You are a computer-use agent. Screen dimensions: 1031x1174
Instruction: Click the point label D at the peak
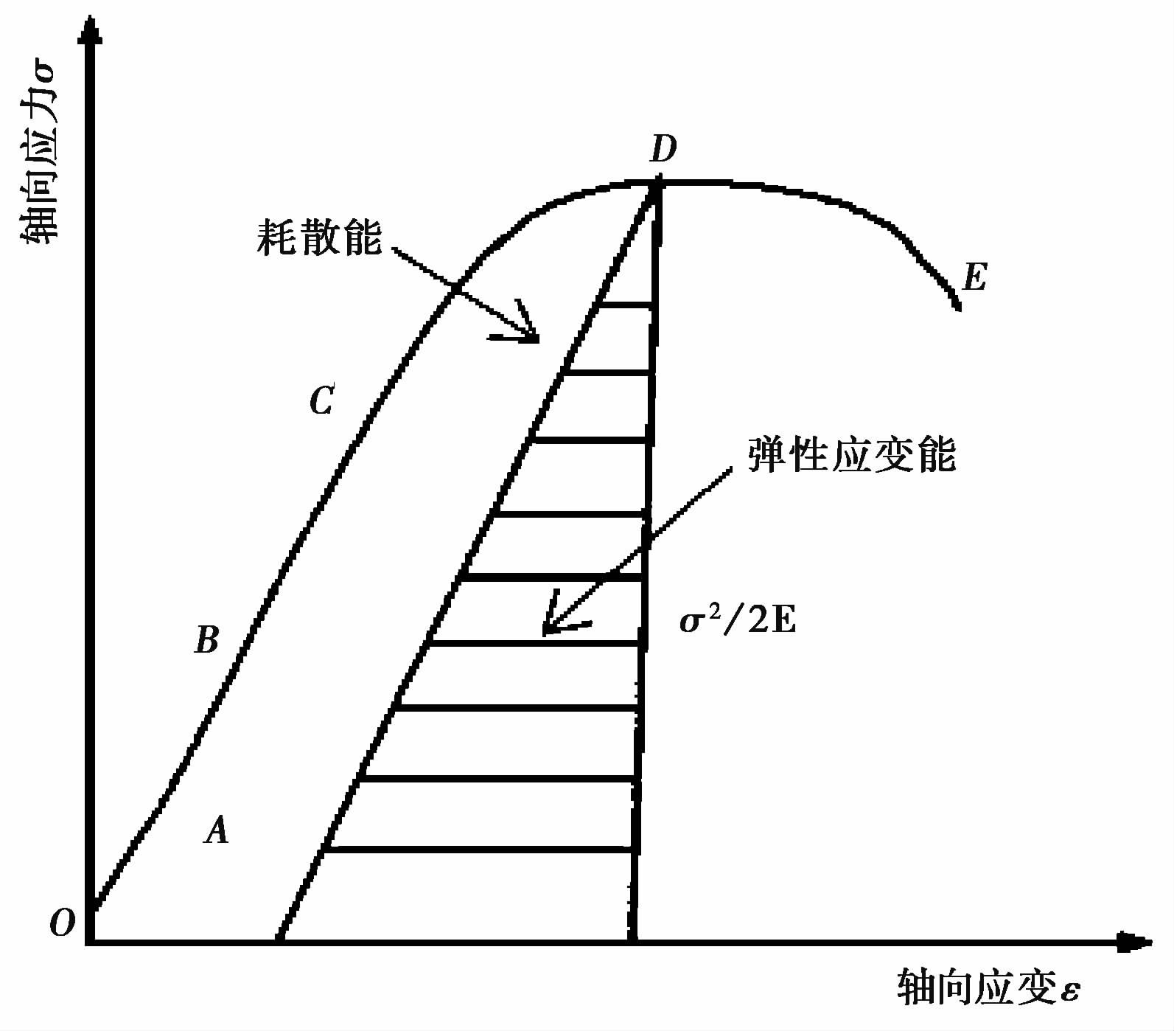[663, 150]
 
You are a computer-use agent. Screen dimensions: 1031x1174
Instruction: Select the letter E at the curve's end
[974, 278]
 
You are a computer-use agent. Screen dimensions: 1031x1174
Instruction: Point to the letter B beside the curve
[207, 640]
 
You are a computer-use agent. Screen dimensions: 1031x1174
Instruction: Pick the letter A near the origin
[217, 831]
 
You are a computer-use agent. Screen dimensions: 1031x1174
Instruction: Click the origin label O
[63, 923]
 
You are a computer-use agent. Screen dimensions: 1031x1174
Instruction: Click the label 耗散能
[319, 237]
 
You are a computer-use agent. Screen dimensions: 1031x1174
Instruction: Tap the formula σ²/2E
[738, 622]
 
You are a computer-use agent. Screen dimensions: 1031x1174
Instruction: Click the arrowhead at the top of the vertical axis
[90, 29]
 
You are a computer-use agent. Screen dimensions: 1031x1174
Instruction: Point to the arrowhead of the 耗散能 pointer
[531, 336]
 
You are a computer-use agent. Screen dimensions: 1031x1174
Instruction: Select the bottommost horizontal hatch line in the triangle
[479, 850]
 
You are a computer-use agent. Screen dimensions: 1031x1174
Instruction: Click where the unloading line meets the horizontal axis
[280, 940]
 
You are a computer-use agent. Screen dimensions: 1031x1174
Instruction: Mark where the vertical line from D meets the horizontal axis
[634, 940]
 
